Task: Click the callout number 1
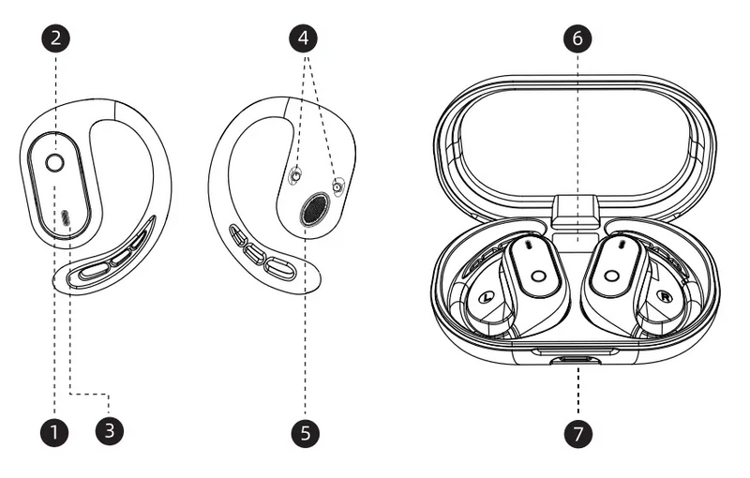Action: (55, 432)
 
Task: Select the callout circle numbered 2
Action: (55, 38)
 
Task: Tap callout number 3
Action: (110, 432)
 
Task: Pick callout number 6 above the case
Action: (577, 38)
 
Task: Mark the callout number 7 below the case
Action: (577, 432)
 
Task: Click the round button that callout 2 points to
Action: (55, 163)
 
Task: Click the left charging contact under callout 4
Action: (295, 175)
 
